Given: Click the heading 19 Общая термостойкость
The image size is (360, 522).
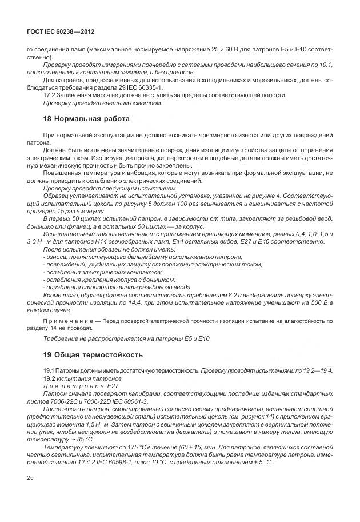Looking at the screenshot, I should pyautogui.click(x=93, y=354).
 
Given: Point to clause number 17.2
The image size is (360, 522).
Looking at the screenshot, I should pyautogui.click(x=50, y=95).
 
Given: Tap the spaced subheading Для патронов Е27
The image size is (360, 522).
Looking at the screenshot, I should pyautogui.click(x=79, y=386).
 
